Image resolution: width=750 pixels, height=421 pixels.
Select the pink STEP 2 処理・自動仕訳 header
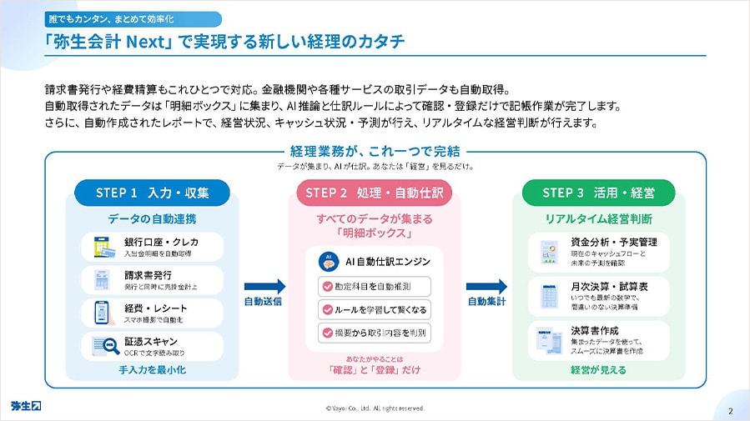tap(373, 193)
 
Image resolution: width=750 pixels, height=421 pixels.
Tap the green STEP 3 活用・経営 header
tap(598, 193)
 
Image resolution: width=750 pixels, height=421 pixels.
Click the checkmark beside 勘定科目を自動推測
tap(327, 286)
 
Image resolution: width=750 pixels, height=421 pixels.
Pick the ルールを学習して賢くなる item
tap(375, 309)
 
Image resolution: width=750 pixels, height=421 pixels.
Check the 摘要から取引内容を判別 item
tap(375, 333)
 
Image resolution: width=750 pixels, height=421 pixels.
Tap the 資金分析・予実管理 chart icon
tap(549, 247)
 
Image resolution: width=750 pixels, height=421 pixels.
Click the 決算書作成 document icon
tap(549, 340)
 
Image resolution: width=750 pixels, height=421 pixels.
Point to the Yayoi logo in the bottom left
tap(27, 406)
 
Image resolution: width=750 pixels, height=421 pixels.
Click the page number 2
tap(730, 409)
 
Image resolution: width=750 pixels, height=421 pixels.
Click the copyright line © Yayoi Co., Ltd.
tap(375, 408)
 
